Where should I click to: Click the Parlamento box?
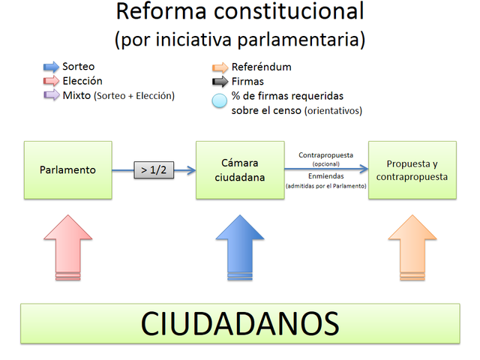click(x=67, y=169)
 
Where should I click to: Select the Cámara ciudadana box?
click(x=240, y=169)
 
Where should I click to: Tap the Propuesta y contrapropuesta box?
click(x=412, y=169)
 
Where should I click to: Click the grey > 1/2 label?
click(x=154, y=169)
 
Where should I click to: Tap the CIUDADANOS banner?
click(x=240, y=324)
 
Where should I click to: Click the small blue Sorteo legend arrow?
click(x=51, y=67)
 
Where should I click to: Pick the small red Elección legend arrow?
click(x=51, y=81)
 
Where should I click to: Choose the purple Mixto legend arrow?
click(x=51, y=95)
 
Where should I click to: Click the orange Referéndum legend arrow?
click(x=220, y=67)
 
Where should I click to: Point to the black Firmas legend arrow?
click(x=220, y=81)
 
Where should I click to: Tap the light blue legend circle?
click(x=219, y=102)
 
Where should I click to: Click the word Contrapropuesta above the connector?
click(x=325, y=155)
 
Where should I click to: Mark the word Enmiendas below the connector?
click(x=325, y=175)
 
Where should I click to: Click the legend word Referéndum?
click(x=261, y=67)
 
